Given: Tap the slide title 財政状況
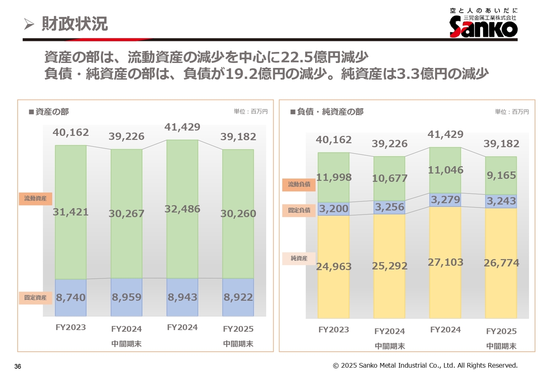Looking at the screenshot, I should click(x=75, y=24).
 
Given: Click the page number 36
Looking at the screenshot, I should click(x=18, y=366).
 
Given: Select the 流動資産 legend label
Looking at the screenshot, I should click(x=35, y=198).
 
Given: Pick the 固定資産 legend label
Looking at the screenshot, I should click(x=35, y=298).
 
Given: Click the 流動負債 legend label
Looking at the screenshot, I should click(x=299, y=184).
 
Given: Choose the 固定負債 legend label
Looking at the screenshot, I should click(x=299, y=210).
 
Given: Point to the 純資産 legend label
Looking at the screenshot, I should click(x=299, y=258).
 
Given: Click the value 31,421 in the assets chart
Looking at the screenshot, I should click(x=71, y=212).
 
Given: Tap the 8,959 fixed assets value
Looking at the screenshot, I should click(x=127, y=297).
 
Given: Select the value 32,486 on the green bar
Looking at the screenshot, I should click(x=182, y=209).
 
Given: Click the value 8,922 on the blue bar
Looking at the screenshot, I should click(x=238, y=297).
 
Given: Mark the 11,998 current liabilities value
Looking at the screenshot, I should click(x=334, y=178).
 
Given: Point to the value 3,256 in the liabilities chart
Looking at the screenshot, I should click(x=389, y=207).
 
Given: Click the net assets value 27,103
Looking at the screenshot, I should click(x=445, y=263).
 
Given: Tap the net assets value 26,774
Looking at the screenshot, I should click(x=501, y=263).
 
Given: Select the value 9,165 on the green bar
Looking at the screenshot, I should click(x=501, y=175).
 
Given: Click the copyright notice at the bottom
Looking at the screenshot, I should click(x=425, y=365).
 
